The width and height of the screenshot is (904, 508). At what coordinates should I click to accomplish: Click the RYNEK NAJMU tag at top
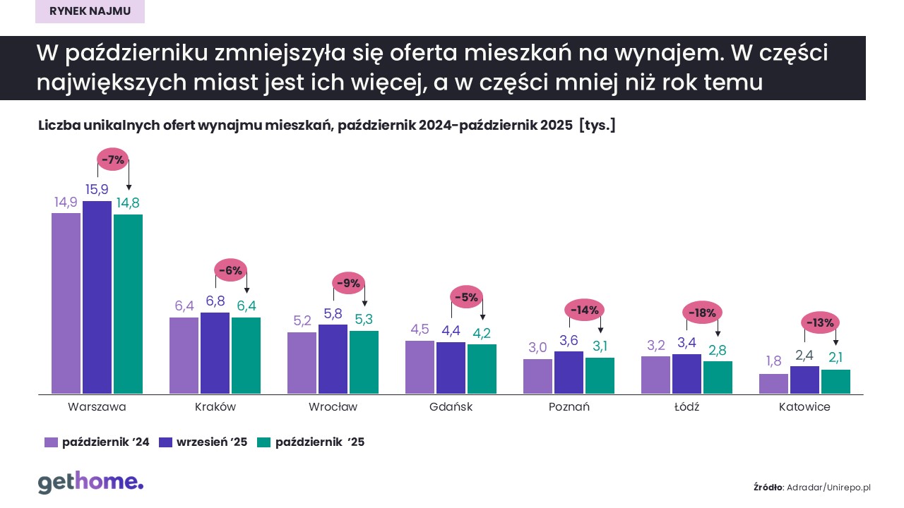click(90, 12)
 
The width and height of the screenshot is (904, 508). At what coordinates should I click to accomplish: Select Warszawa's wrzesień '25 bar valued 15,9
click(97, 297)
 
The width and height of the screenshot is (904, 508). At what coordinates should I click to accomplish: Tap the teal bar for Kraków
click(246, 356)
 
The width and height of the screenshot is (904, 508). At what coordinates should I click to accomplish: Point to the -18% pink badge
click(702, 313)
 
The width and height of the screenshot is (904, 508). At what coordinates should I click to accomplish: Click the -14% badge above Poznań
click(585, 309)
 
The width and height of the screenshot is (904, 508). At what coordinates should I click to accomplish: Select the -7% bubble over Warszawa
click(113, 160)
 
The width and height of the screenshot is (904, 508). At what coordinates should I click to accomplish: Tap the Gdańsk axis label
click(451, 407)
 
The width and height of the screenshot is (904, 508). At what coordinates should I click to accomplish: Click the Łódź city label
click(686, 407)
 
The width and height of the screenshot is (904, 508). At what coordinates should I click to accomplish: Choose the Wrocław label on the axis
click(333, 407)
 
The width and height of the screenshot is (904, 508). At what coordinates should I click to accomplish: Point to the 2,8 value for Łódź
click(717, 350)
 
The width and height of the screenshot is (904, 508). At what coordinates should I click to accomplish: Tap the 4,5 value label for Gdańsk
click(420, 329)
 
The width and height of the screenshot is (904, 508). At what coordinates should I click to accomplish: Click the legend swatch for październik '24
click(51, 442)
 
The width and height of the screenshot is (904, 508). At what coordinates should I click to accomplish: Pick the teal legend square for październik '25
click(263, 442)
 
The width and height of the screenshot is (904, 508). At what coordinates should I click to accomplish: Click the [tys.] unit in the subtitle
click(597, 126)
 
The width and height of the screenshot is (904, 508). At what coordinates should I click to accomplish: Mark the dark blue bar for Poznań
click(569, 372)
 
